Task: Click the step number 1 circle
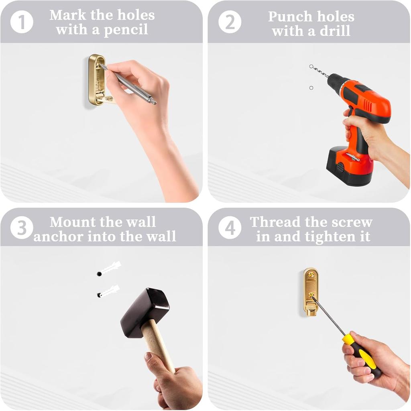(x=22, y=22)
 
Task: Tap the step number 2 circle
(x=230, y=22)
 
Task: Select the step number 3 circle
(x=22, y=228)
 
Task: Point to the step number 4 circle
(x=230, y=228)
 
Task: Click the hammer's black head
(x=145, y=308)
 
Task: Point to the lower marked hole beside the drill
(x=311, y=88)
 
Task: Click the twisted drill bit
(x=320, y=71)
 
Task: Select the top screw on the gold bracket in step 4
(x=311, y=275)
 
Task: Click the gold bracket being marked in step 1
(x=96, y=80)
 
